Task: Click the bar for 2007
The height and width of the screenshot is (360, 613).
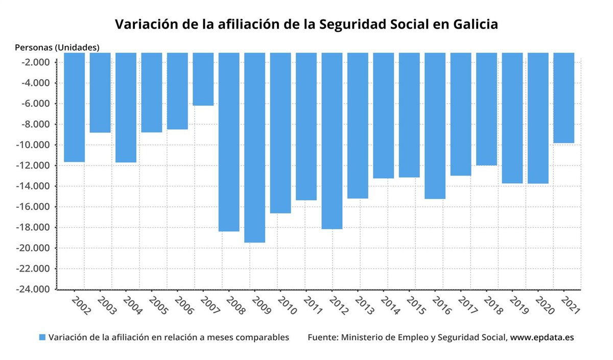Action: (x=203, y=79)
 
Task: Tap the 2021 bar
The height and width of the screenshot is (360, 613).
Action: (x=563, y=98)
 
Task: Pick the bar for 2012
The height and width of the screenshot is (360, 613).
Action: (x=332, y=140)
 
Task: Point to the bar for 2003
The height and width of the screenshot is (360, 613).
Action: (x=100, y=92)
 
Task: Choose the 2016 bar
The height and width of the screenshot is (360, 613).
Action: (x=435, y=126)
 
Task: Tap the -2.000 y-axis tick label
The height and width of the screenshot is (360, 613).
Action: (x=37, y=62)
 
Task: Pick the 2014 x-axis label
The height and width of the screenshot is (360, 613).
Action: (x=390, y=304)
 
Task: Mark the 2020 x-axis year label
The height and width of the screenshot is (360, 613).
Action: (x=545, y=304)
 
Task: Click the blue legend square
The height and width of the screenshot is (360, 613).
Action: (x=42, y=338)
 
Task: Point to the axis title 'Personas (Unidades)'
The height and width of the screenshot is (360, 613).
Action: (x=57, y=47)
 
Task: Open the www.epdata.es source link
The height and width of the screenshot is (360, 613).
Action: (x=542, y=338)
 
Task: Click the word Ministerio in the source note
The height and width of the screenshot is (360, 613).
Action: (x=362, y=338)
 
